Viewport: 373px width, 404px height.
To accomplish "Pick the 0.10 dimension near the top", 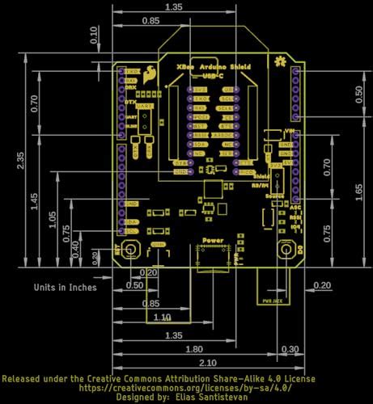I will tap(95, 34).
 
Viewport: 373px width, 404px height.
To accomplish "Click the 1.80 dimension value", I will tap(194, 350).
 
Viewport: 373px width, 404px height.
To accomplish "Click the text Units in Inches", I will tap(65, 287).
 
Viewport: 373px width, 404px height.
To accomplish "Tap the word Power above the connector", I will tap(212, 241).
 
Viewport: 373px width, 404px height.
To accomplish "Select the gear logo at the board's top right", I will tap(280, 61).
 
